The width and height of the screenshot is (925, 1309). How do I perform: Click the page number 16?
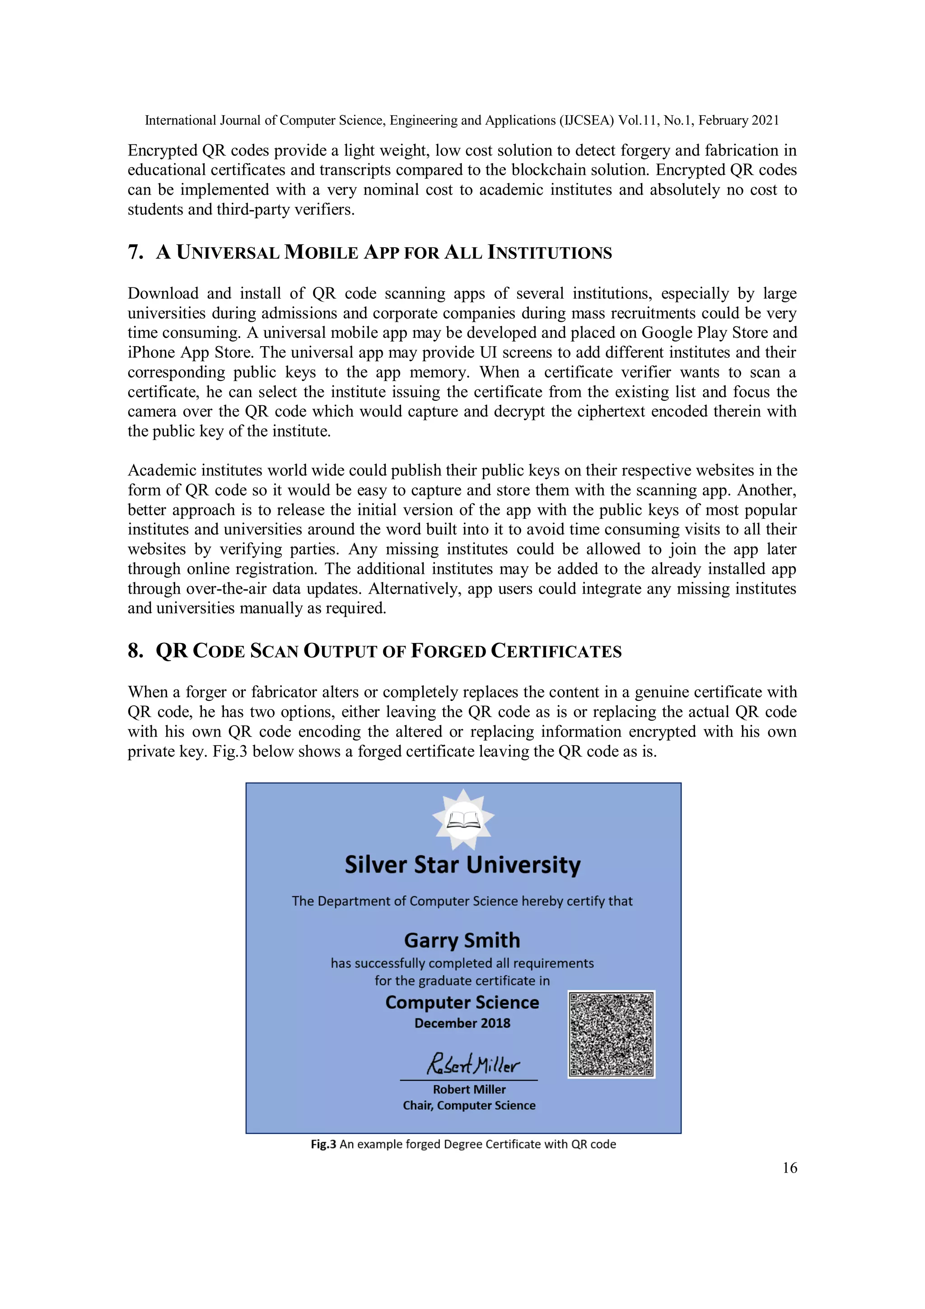(790, 1168)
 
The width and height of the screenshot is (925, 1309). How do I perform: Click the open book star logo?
(463, 819)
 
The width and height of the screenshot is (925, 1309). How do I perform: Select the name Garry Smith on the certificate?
(462, 940)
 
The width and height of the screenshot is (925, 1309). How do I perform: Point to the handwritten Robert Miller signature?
(472, 1063)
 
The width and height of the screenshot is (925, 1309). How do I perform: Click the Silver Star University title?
(462, 865)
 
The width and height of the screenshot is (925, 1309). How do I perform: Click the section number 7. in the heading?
(135, 252)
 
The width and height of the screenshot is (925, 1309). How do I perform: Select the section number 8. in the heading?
(135, 651)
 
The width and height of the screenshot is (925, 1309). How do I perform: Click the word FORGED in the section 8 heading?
(448, 651)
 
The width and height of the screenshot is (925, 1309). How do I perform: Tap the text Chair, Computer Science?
(469, 1105)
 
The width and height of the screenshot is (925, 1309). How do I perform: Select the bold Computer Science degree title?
(462, 1002)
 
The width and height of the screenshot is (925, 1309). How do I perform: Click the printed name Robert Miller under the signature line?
(469, 1089)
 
